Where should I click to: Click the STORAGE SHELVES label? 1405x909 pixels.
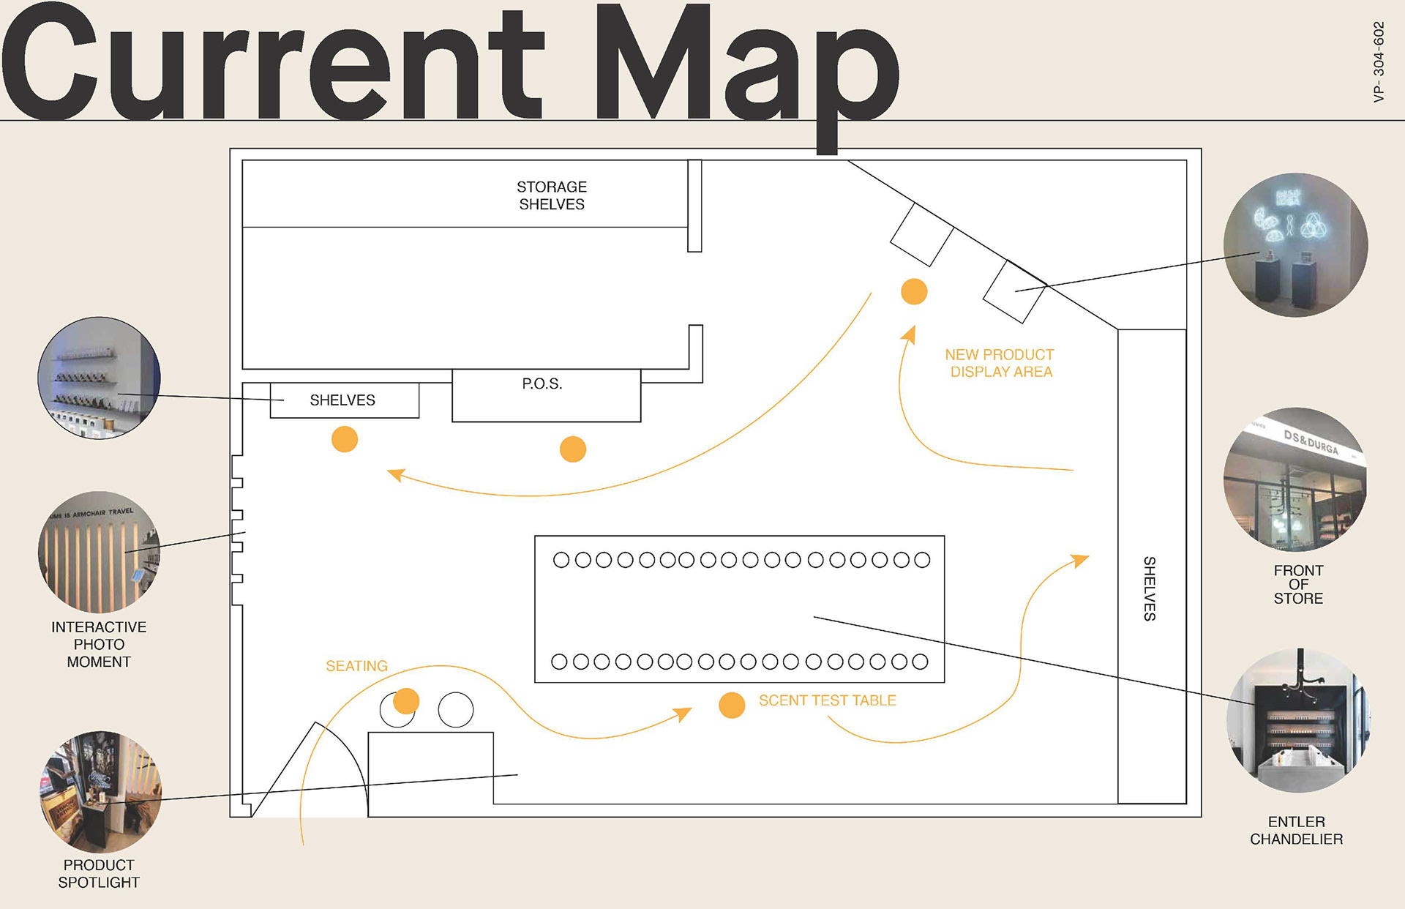[x=552, y=195]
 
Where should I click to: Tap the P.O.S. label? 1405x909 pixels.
[x=542, y=384]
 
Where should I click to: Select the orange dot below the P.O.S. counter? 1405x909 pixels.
[x=573, y=449]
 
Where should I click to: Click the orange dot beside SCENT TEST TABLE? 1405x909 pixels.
[x=732, y=705]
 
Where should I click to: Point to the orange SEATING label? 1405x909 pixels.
[x=356, y=666]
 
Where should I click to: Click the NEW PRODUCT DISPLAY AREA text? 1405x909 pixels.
[x=1000, y=363]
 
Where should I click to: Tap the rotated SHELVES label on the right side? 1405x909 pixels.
[x=1150, y=588]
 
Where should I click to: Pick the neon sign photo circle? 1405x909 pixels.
[x=1295, y=245]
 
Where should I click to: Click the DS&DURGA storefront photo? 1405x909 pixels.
[x=1295, y=479]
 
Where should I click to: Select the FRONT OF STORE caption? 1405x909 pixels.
[x=1298, y=584]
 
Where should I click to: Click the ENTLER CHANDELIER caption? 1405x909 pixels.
[x=1296, y=830]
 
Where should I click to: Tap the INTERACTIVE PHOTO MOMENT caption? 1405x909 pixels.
[x=99, y=644]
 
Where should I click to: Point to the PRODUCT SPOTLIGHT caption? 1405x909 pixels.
[x=99, y=873]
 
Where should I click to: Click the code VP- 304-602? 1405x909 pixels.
[x=1379, y=61]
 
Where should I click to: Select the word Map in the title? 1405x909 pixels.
[x=746, y=66]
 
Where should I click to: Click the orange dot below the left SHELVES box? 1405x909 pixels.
[x=345, y=439]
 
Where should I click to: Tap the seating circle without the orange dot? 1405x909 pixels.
[x=456, y=710]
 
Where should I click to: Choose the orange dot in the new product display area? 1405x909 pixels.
[x=914, y=291]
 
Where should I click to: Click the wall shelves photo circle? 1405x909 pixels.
[x=99, y=378]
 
